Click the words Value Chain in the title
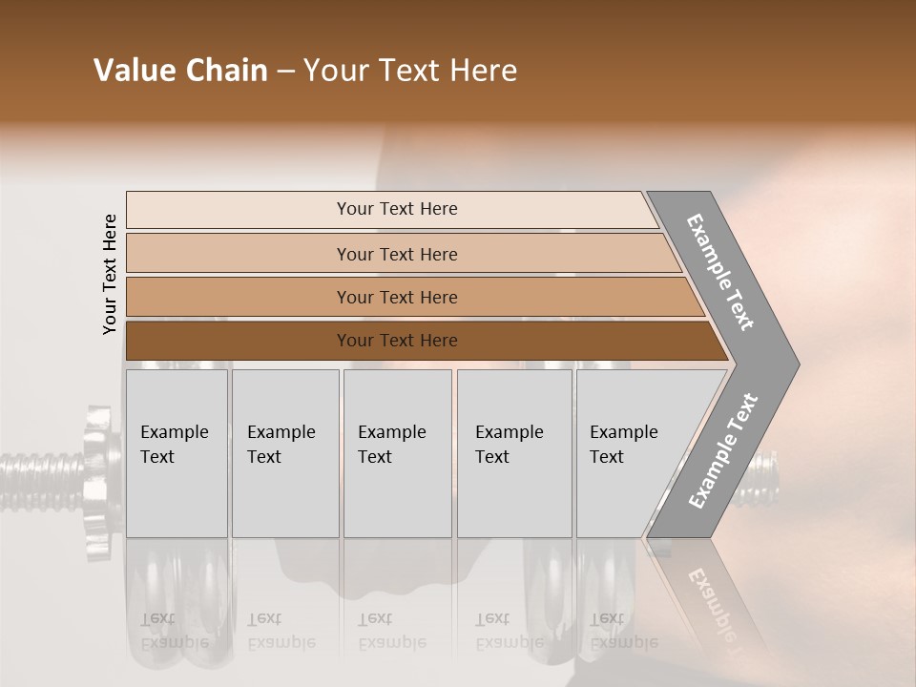(180, 71)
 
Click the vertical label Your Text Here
(110, 274)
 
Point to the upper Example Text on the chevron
(721, 272)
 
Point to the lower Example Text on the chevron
(723, 450)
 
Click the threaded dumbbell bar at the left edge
(38, 468)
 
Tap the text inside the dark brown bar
(397, 341)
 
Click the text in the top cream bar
(397, 209)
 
